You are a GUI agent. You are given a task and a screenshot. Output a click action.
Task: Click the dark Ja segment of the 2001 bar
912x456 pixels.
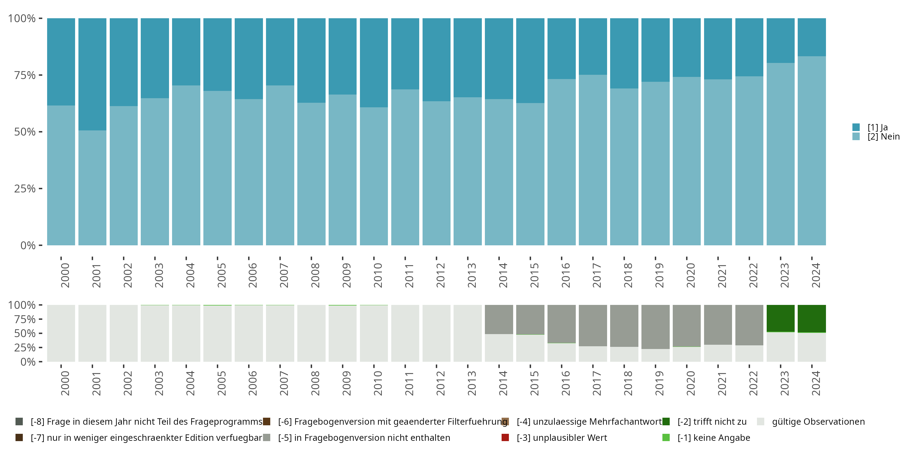(x=92, y=74)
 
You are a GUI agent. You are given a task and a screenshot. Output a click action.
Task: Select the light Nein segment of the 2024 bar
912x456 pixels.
(x=811, y=150)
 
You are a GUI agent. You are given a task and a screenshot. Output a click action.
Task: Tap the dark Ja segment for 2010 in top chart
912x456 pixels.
(x=374, y=63)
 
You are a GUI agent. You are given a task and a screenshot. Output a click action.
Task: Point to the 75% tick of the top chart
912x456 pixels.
(x=25, y=75)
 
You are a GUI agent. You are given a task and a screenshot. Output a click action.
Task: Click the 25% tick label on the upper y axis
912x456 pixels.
(x=25, y=189)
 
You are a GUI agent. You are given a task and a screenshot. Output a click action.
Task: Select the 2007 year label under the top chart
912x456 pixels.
(x=284, y=275)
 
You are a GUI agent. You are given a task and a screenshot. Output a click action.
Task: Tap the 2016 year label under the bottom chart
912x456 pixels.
(x=565, y=383)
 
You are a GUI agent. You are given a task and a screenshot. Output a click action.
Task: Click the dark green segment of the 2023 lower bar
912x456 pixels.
(x=780, y=318)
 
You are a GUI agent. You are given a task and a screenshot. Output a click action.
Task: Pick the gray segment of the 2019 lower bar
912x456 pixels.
(x=655, y=327)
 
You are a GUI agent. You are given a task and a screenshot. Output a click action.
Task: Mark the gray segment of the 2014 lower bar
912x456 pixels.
(x=499, y=319)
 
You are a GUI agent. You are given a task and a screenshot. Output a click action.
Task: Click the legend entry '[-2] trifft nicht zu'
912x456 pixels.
(x=712, y=422)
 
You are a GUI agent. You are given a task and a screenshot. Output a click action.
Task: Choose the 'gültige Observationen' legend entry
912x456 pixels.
(x=818, y=422)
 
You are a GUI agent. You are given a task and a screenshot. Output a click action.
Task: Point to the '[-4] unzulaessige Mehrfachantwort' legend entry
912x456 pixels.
(x=589, y=422)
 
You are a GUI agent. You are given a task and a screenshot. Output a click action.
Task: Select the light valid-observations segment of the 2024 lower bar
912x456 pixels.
(x=811, y=347)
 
